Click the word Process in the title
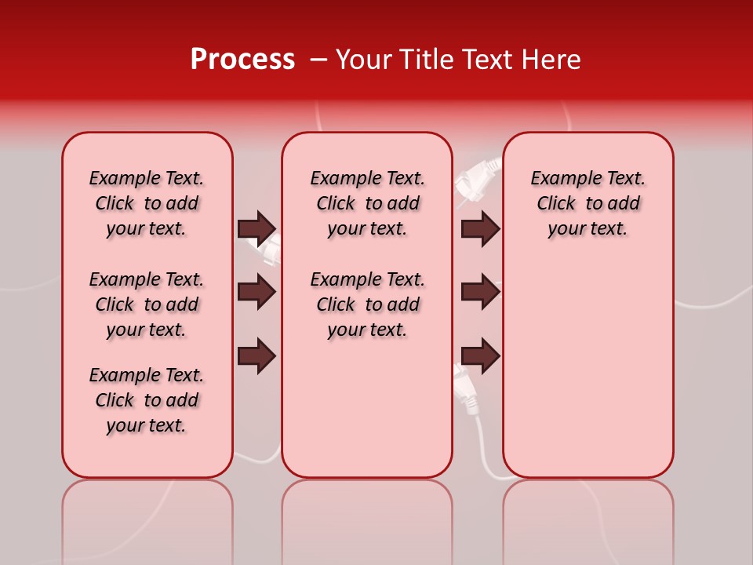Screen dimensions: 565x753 242,60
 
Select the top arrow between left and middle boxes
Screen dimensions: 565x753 256,228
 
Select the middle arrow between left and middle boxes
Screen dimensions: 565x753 256,293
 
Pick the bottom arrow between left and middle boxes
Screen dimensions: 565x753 256,356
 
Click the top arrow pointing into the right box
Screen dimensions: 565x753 480,228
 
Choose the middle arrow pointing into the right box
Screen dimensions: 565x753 480,293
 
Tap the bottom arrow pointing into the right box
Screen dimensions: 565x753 480,356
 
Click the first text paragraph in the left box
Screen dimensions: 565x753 147,203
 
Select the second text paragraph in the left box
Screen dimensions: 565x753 147,304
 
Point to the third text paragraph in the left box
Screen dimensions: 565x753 147,400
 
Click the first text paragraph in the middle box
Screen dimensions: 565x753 367,203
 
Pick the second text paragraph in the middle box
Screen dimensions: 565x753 367,304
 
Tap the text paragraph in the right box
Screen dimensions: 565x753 587,203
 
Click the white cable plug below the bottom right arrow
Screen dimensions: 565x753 468,392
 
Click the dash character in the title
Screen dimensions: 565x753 318,60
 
